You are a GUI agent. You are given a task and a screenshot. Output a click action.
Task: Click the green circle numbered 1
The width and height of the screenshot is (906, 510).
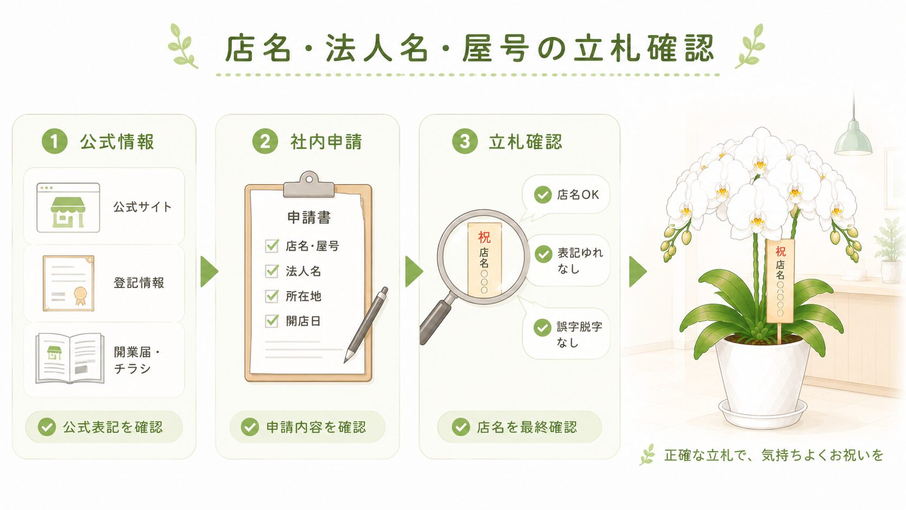click(55, 141)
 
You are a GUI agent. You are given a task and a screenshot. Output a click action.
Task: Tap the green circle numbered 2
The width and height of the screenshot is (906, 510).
click(265, 141)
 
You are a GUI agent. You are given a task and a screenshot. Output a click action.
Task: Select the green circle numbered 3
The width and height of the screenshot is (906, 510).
click(465, 141)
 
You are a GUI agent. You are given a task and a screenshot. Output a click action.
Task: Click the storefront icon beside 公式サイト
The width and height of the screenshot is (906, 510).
click(68, 208)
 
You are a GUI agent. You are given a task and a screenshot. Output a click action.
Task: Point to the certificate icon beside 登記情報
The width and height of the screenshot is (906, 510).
click(68, 283)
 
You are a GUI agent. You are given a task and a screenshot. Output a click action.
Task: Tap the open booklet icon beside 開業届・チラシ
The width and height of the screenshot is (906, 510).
click(69, 358)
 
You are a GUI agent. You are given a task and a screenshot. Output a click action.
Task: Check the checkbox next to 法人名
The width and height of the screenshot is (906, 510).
click(271, 270)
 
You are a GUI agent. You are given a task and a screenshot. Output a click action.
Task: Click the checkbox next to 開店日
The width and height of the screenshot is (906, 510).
click(271, 321)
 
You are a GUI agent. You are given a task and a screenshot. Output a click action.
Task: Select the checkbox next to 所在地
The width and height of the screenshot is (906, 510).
click(271, 295)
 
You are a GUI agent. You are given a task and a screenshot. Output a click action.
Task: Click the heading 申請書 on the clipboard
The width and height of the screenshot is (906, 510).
click(309, 217)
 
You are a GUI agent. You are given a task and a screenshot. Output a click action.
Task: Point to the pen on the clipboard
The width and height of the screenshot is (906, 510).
click(366, 324)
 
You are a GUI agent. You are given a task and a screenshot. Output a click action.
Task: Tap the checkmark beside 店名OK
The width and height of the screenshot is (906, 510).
click(543, 195)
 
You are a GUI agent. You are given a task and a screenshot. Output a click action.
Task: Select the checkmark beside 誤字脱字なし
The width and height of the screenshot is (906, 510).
click(542, 327)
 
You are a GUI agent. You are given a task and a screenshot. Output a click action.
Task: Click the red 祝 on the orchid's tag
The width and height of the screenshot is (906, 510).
click(781, 251)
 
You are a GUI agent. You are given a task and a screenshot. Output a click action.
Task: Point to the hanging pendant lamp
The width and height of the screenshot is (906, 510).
click(853, 138)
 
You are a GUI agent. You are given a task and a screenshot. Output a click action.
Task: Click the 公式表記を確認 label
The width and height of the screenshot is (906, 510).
click(113, 427)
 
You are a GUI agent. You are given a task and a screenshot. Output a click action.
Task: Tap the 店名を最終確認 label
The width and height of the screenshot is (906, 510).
click(527, 427)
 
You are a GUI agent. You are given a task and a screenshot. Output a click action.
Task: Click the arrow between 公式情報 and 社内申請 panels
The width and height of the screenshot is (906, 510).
click(209, 272)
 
